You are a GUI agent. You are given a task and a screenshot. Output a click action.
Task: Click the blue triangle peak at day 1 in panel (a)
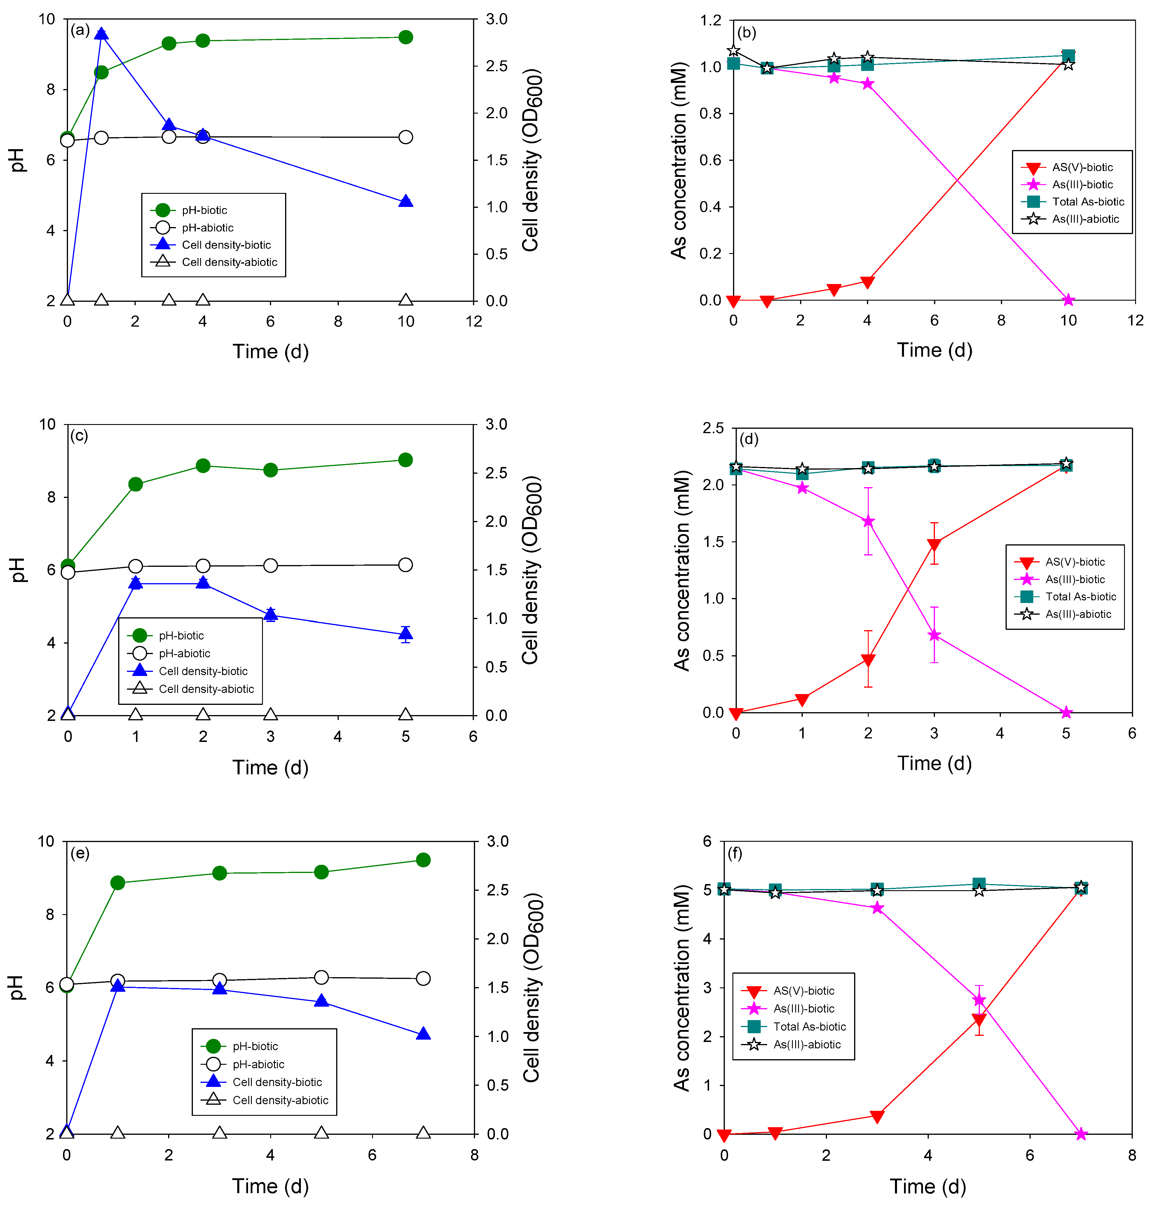coord(102,34)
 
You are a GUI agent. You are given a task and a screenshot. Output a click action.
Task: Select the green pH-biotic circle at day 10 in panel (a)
coord(405,37)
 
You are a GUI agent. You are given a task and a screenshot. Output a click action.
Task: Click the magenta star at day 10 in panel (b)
coord(1068,300)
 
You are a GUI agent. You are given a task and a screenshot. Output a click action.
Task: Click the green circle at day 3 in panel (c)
coord(270,470)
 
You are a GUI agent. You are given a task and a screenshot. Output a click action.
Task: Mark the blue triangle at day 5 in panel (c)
coord(405,634)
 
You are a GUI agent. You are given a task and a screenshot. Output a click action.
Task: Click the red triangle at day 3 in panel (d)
coord(933,544)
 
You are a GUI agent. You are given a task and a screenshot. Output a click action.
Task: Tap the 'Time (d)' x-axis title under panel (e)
coord(270,1186)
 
